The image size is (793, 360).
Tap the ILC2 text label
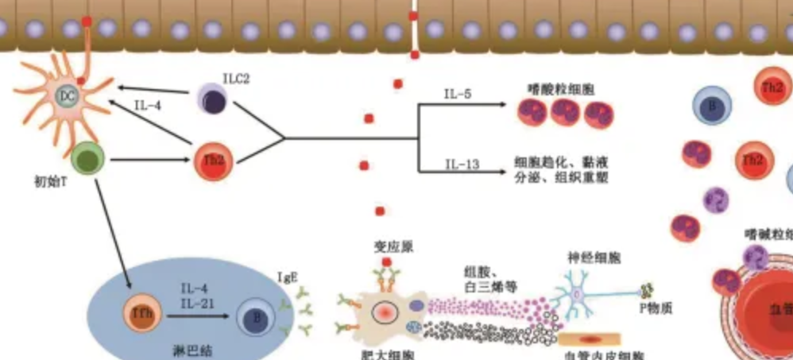[235, 79]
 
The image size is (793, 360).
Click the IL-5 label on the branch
[458, 95]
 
